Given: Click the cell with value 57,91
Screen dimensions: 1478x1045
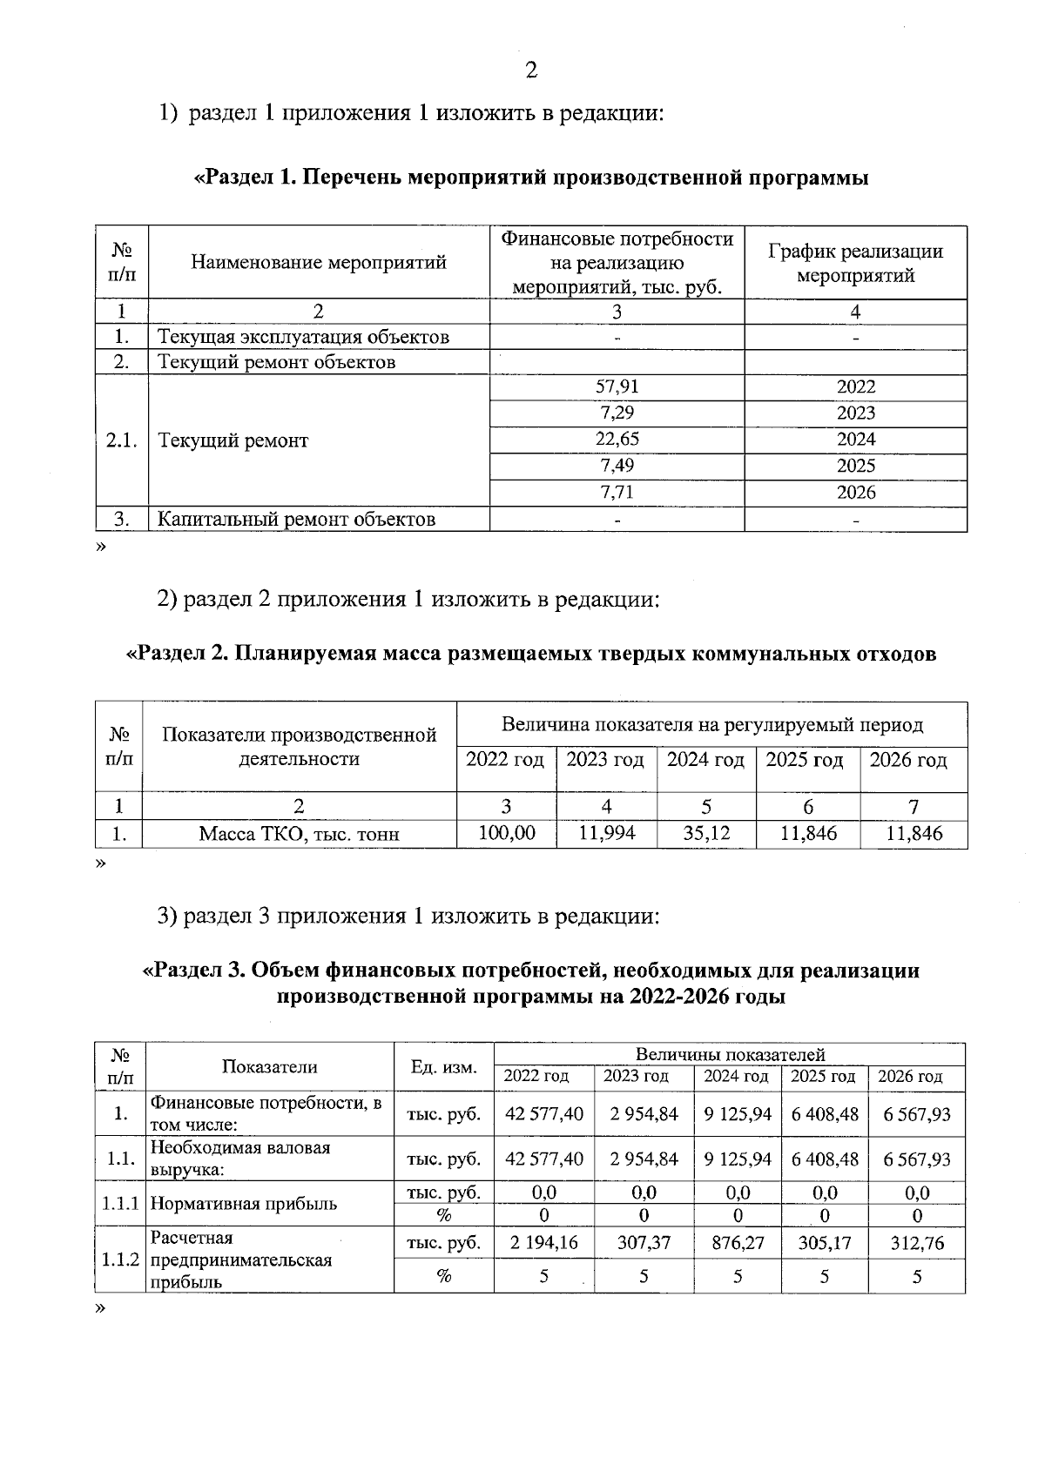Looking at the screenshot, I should [x=617, y=387].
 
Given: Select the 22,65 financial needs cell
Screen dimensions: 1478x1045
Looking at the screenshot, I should [x=617, y=440].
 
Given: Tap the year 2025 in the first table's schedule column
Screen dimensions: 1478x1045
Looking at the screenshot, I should [x=855, y=466].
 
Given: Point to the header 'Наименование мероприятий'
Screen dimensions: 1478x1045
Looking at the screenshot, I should [x=318, y=262].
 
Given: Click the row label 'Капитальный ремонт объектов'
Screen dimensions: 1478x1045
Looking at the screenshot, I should [x=296, y=520].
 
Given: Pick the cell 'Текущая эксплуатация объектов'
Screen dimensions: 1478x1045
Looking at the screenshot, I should [x=303, y=337].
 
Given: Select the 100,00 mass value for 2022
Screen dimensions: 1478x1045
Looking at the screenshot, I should [x=507, y=833].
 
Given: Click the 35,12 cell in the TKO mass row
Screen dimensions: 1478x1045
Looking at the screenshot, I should [x=706, y=833].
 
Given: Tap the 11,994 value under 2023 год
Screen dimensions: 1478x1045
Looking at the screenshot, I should [x=607, y=833].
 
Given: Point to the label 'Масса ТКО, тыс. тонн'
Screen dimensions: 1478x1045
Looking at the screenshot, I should [x=299, y=834].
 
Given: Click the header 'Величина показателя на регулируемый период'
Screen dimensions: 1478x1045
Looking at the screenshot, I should [x=711, y=724].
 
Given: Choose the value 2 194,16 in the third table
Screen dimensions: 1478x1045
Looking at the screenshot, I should [x=543, y=1243].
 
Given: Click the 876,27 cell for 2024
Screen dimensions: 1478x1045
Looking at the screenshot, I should [x=737, y=1243].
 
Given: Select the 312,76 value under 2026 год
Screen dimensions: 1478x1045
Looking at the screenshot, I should [x=916, y=1243].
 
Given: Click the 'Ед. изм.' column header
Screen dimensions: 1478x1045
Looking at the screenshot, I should [x=443, y=1067].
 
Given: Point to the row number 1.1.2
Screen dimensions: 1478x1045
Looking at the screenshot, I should [x=120, y=1260].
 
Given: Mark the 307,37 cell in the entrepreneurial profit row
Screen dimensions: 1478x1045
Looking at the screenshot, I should [x=644, y=1243].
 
